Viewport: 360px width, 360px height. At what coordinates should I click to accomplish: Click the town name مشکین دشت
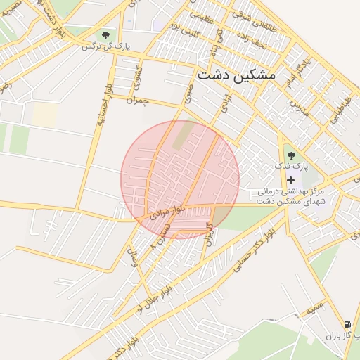(x=237, y=74)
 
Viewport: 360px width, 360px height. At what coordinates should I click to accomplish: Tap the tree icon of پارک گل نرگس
(x=105, y=34)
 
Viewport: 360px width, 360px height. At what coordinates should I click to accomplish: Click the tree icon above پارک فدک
(x=291, y=155)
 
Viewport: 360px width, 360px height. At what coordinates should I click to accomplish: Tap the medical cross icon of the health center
(x=290, y=181)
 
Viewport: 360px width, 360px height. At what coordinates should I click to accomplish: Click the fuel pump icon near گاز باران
(x=347, y=324)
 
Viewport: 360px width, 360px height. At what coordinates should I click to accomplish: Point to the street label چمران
(x=138, y=101)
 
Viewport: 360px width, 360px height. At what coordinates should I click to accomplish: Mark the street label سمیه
(x=314, y=307)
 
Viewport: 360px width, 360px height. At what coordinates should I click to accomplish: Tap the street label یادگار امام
(x=298, y=72)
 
